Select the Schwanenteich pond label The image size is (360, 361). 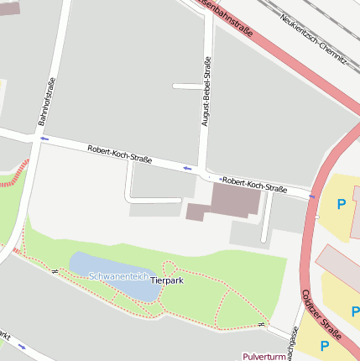(x=118, y=275)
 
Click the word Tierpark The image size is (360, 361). (x=166, y=280)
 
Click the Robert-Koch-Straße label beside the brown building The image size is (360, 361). (x=254, y=184)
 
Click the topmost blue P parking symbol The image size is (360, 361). (x=341, y=204)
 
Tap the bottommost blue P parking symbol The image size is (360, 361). (x=323, y=345)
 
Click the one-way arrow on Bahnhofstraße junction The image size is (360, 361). (x=44, y=139)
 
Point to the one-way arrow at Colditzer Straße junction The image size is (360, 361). (x=312, y=196)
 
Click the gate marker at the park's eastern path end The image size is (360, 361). (x=262, y=324)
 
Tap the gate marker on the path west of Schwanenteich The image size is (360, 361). (x=52, y=272)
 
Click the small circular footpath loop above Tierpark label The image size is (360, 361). (x=169, y=268)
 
